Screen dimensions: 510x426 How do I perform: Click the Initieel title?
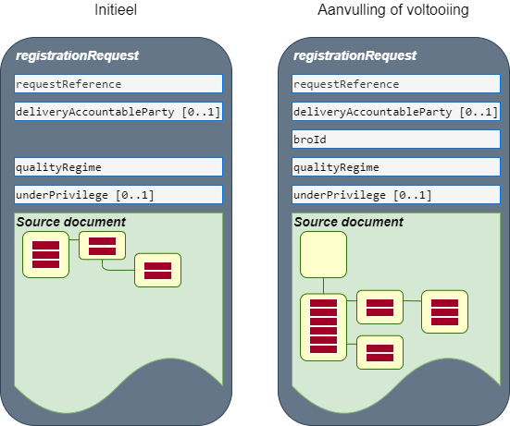click(x=116, y=10)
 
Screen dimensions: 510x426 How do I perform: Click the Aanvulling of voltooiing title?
click(x=393, y=10)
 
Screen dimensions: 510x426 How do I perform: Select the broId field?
click(x=396, y=140)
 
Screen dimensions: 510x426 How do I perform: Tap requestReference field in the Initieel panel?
click(x=118, y=84)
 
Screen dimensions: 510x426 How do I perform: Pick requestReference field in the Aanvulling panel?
click(x=396, y=84)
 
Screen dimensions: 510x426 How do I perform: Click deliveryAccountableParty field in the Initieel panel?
click(x=118, y=112)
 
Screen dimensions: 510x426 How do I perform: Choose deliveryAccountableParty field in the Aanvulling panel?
click(x=396, y=112)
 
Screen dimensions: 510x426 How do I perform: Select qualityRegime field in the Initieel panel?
click(x=118, y=167)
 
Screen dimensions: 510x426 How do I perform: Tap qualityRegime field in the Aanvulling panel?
click(x=396, y=167)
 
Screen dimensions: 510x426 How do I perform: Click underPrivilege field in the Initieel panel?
click(x=118, y=195)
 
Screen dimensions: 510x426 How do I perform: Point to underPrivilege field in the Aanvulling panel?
click(x=396, y=195)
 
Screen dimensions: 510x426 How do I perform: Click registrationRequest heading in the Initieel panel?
click(x=78, y=55)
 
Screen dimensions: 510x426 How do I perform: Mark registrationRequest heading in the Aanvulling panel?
click(x=355, y=55)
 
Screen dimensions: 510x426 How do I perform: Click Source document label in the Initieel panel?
click(x=71, y=222)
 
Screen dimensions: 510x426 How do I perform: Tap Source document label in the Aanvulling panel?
click(x=348, y=222)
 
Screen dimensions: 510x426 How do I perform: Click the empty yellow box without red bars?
click(x=323, y=254)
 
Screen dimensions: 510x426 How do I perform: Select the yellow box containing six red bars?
click(x=323, y=327)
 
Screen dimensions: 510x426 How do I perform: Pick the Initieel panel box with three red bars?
click(x=46, y=254)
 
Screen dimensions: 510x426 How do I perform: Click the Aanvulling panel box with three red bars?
click(x=444, y=312)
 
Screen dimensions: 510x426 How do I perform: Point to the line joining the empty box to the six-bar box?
click(x=323, y=286)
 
